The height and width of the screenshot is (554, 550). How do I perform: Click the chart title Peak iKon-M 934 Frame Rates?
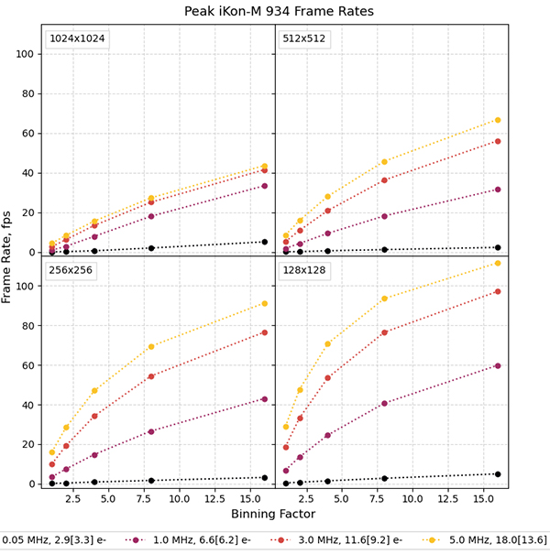pyautogui.click(x=275, y=10)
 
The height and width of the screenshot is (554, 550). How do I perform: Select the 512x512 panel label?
pyautogui.click(x=307, y=39)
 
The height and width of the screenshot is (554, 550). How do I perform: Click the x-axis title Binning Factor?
pyautogui.click(x=275, y=515)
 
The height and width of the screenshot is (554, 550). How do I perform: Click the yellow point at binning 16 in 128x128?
pyautogui.click(x=498, y=263)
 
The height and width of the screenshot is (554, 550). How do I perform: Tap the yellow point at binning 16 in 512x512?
pyautogui.click(x=498, y=120)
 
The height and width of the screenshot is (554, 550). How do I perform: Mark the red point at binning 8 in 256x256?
pyautogui.click(x=151, y=376)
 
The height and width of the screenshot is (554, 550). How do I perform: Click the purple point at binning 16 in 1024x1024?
pyautogui.click(x=265, y=186)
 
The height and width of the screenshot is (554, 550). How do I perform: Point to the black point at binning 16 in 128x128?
pyautogui.click(x=498, y=474)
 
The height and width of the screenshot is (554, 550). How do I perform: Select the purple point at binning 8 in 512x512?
pyautogui.click(x=384, y=216)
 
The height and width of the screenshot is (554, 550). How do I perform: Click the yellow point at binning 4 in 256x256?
pyautogui.click(x=94, y=391)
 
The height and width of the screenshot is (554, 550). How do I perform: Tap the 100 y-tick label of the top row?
pyautogui.click(x=27, y=54)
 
